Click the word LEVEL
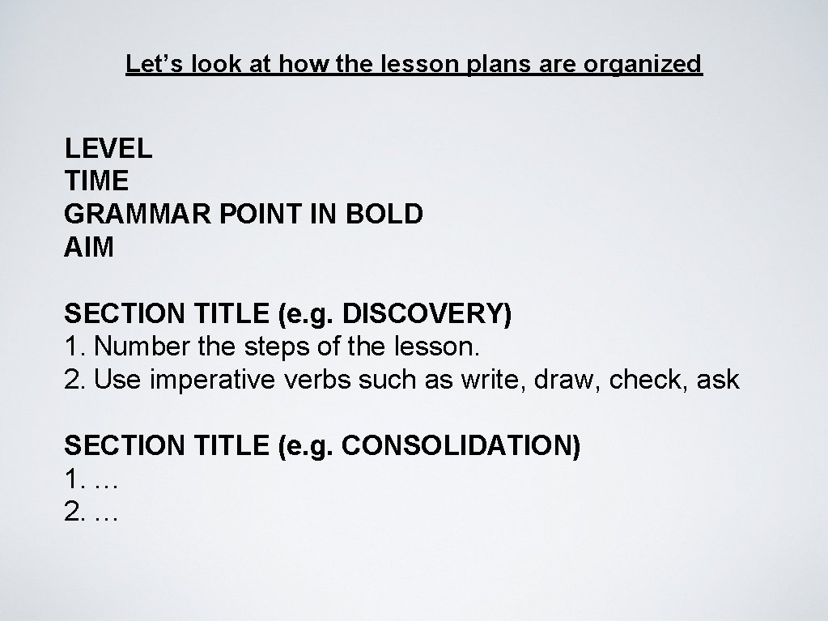(x=108, y=149)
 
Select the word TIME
(x=96, y=181)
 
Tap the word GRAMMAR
(x=134, y=214)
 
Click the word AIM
(x=89, y=247)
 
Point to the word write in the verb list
(x=491, y=380)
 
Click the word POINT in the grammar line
(x=265, y=214)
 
